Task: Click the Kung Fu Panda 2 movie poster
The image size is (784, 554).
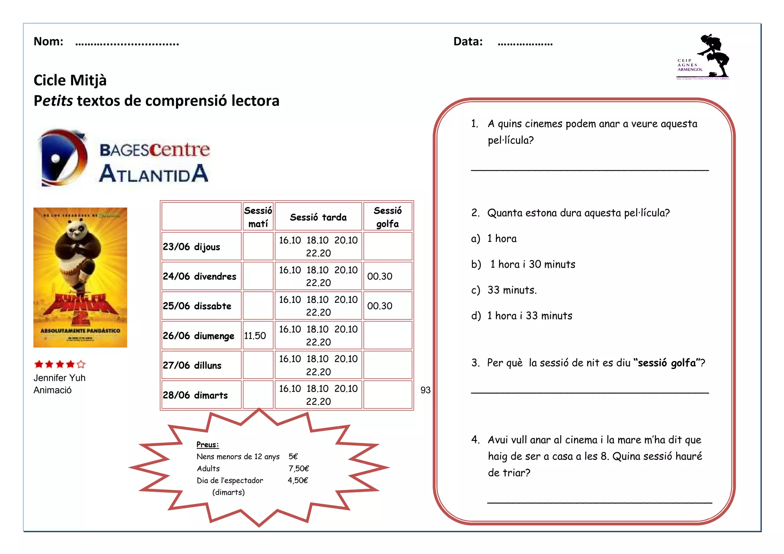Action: [80, 278]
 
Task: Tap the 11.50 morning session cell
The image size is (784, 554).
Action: [255, 336]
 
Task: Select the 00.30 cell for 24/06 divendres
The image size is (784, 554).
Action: [380, 276]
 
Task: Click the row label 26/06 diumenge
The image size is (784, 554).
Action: [198, 336]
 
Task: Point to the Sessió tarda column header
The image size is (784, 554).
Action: [318, 217]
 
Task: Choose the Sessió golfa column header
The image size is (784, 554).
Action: [387, 217]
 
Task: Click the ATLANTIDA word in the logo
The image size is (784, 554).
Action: [154, 174]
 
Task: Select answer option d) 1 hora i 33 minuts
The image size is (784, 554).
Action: [529, 316]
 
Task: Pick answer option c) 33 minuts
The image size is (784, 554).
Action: [512, 290]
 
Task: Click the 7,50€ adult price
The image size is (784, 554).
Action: [299, 469]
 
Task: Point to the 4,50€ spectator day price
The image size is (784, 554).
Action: [297, 480]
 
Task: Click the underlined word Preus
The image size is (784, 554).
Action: [207, 445]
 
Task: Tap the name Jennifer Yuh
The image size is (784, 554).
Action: [59, 378]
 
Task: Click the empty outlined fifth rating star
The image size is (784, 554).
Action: [81, 364]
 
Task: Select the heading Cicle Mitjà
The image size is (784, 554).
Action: [70, 80]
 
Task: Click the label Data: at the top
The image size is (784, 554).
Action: [468, 41]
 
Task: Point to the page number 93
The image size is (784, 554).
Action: [425, 390]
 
